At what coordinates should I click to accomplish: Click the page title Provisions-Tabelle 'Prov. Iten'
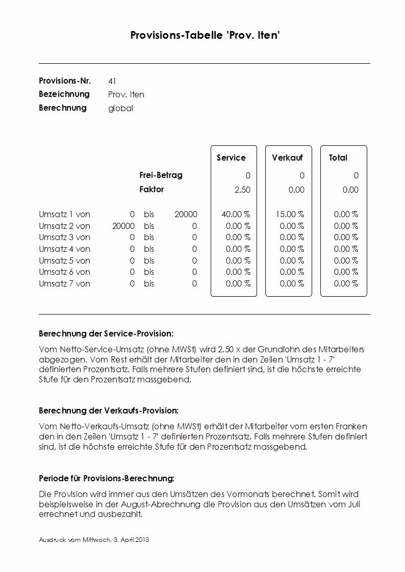point(205,35)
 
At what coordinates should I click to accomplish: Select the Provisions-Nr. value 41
point(112,81)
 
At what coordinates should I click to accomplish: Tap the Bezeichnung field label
point(64,94)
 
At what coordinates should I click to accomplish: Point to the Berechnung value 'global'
point(120,108)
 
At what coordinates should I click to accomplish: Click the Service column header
point(231,158)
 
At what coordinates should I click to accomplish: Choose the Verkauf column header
point(288,158)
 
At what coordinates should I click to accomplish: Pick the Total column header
point(338,158)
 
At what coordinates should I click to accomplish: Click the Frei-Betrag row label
point(161,175)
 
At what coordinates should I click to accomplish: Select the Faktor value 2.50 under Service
point(242,190)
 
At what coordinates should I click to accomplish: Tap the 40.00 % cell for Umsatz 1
point(236,215)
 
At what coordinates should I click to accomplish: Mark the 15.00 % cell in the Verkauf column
point(290,215)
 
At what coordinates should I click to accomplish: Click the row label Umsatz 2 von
point(64,226)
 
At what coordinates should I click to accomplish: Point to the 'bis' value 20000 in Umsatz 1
point(186,215)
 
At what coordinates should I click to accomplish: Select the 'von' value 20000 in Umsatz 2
point(123,226)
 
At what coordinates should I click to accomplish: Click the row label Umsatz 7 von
point(64,284)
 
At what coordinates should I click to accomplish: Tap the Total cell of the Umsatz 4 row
point(346,249)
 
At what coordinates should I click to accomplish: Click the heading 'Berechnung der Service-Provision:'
point(106,334)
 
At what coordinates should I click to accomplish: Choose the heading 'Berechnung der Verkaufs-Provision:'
point(109,410)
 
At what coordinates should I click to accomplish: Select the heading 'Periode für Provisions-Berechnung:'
point(107,479)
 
